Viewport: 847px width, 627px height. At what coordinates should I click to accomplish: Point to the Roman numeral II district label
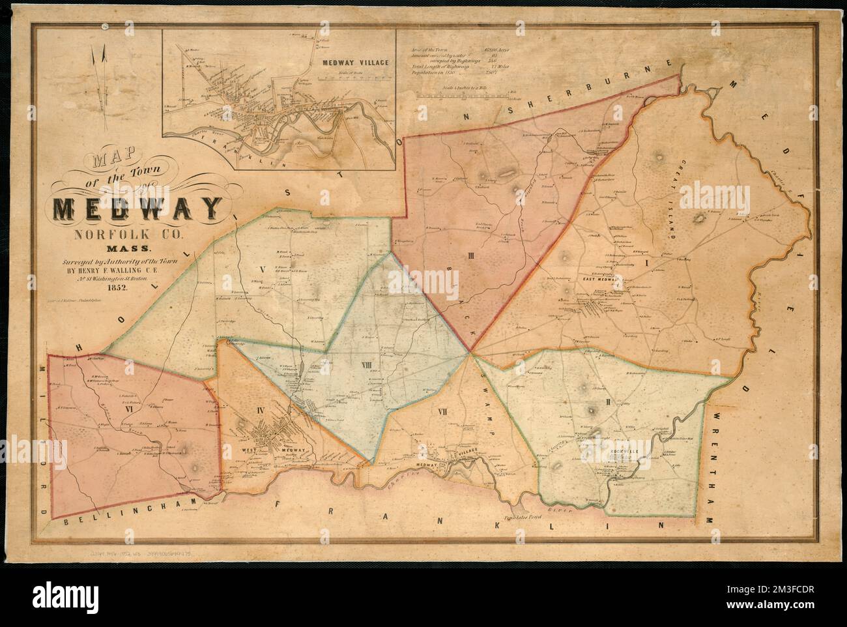607,401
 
